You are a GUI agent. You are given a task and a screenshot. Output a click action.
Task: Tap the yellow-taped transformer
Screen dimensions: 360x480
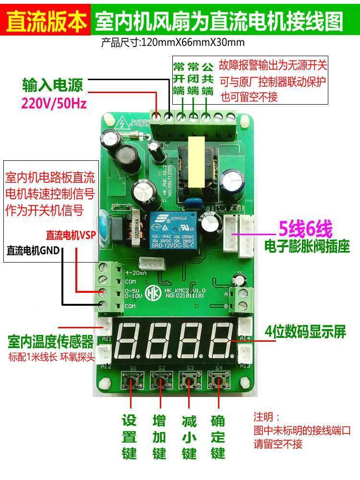tap(196, 162)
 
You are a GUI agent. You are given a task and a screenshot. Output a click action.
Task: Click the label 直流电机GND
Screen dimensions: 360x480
tap(33, 250)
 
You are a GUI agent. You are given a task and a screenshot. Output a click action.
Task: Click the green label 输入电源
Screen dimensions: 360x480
tap(52, 85)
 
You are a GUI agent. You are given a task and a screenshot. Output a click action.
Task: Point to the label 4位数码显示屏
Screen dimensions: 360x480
tap(305, 332)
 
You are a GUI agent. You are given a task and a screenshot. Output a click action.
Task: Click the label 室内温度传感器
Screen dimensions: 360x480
tap(50, 342)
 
